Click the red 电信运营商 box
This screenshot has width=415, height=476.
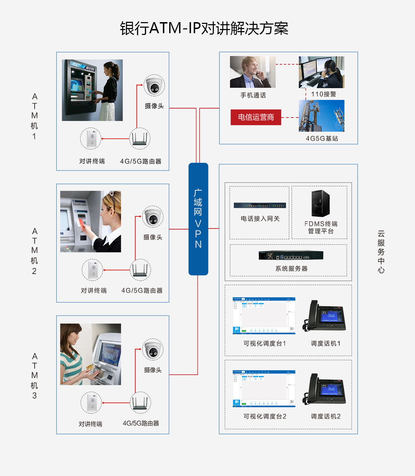tap(256, 118)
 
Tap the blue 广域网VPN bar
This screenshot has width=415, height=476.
tap(198, 219)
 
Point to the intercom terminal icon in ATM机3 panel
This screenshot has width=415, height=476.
tap(91, 403)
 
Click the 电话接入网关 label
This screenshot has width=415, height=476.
tap(260, 218)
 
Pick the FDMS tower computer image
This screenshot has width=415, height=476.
tap(320, 204)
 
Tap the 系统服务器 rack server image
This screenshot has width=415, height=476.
tap(291, 255)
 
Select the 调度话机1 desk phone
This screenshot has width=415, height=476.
tap(324, 316)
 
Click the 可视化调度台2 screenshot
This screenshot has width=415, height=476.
tap(264, 389)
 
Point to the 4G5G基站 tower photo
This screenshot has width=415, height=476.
tap(322, 116)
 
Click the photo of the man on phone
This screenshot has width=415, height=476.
tap(253, 72)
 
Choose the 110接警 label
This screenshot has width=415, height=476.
tap(324, 94)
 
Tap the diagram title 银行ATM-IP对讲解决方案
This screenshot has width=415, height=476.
tap(204, 28)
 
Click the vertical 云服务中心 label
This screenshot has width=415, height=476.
tap(381, 252)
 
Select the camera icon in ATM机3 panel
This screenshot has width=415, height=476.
tap(153, 350)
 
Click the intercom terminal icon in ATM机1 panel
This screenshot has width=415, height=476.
tap(91, 138)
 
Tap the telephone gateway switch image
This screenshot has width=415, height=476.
tap(260, 205)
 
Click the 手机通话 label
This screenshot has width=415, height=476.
tap(253, 95)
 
